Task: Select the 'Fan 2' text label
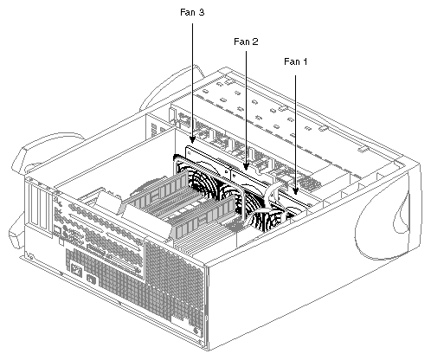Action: tap(247, 41)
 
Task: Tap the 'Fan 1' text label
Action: tap(296, 61)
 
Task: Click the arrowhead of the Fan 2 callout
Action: tap(248, 166)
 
